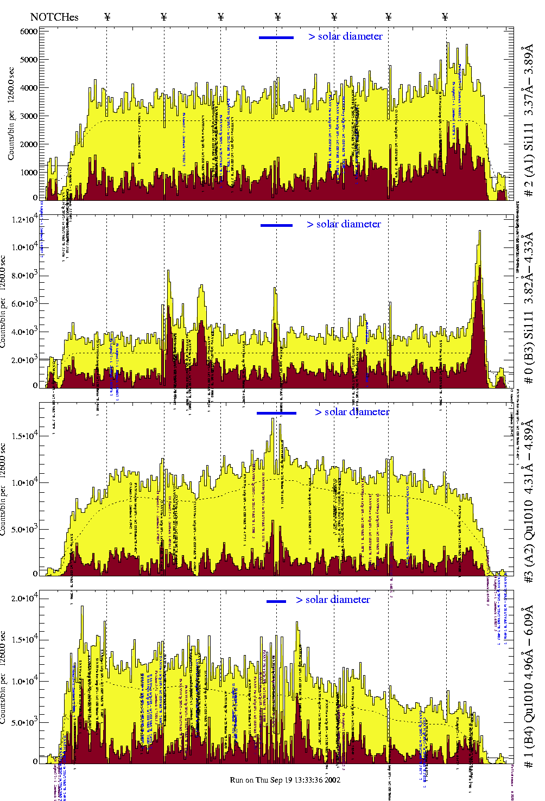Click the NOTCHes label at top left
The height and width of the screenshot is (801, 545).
(54, 17)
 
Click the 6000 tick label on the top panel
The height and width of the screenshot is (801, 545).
(29, 31)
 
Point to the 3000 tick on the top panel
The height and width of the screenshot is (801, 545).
(29, 116)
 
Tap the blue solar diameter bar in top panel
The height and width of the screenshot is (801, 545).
(276, 37)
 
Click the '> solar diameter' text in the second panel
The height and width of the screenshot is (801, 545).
(344, 224)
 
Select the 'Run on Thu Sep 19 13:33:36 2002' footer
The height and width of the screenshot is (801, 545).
(285, 780)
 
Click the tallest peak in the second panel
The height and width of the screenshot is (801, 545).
(479, 232)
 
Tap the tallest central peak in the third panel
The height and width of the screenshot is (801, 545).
(273, 419)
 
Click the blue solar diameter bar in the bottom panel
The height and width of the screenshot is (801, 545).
(276, 601)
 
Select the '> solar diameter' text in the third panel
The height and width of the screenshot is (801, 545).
(352, 412)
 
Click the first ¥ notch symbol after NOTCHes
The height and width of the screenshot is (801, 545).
(107, 17)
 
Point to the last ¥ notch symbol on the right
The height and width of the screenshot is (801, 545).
(445, 17)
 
